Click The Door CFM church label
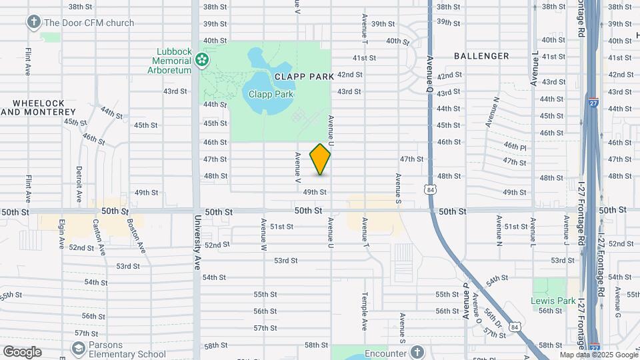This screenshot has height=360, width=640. [89, 23]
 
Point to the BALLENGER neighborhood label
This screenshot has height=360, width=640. [481, 56]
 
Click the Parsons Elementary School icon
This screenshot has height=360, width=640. [79, 348]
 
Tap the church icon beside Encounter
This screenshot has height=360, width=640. [417, 351]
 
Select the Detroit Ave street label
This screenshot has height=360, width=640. [79, 185]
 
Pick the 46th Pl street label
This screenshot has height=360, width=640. [515, 146]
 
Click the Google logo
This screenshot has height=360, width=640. [22, 352]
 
